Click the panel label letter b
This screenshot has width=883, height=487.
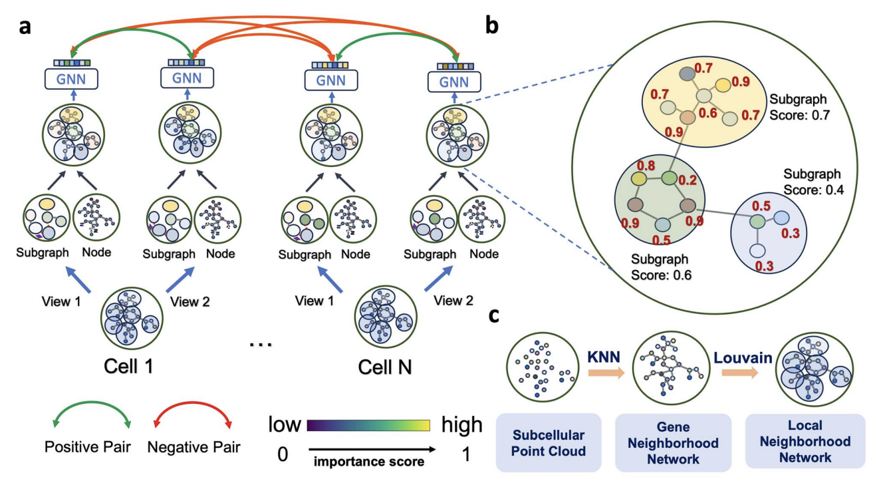493,25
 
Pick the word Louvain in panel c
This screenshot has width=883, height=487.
743,357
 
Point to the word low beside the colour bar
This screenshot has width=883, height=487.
285,424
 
